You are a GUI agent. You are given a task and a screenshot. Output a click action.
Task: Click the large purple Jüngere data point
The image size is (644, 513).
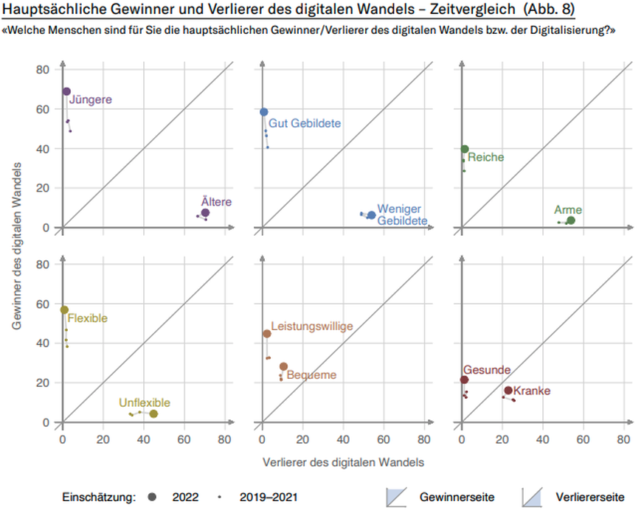tap(66, 91)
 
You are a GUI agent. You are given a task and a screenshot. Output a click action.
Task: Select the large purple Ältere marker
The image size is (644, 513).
tap(205, 213)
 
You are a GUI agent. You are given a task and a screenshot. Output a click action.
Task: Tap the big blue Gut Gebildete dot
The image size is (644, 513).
tap(264, 112)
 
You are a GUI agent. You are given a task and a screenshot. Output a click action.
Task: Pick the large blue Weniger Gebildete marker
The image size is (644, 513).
tap(372, 215)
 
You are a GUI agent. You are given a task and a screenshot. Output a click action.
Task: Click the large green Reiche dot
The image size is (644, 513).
tap(465, 149)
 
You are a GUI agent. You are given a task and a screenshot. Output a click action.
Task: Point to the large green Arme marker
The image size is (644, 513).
tap(571, 220)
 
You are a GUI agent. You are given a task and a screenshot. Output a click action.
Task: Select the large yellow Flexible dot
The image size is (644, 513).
tap(64, 310)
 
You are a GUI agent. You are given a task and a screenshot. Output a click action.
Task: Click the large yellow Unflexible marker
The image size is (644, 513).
tap(153, 414)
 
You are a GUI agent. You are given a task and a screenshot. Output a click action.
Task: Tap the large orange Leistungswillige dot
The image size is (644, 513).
tap(267, 334)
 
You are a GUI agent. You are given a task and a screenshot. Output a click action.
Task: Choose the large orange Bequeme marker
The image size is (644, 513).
tap(283, 366)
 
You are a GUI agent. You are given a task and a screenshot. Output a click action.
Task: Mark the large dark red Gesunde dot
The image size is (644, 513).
tap(464, 380)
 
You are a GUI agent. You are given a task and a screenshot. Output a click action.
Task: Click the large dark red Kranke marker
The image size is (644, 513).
tap(508, 391)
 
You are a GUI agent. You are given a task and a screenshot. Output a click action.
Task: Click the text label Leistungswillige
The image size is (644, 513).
tap(312, 326)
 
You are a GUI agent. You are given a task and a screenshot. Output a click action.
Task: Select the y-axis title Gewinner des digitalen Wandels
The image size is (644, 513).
tap(17, 242)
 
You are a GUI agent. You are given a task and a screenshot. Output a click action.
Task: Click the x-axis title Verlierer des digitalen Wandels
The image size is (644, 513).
tap(343, 462)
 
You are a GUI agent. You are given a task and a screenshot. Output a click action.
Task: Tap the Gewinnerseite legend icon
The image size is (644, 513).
tap(397, 497)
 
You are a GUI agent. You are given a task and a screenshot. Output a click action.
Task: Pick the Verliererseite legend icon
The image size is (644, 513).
tap(533, 497)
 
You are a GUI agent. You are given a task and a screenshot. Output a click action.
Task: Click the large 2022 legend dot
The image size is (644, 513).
tap(152, 497)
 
